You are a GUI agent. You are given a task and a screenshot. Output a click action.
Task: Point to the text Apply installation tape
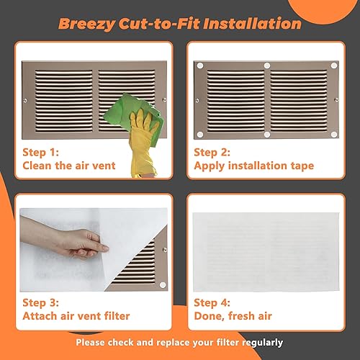pyautogui.click(x=253, y=166)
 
